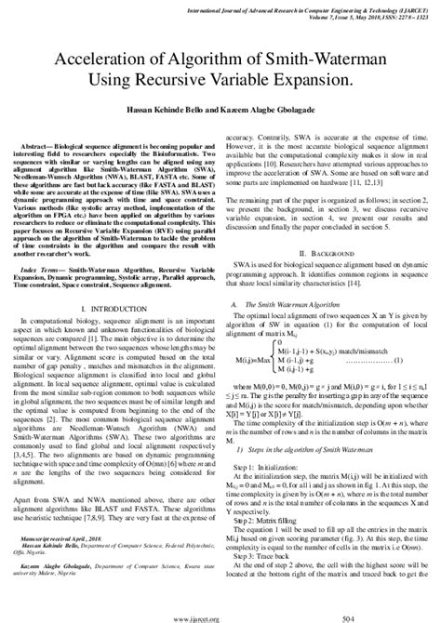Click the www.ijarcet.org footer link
coord(220,615)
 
